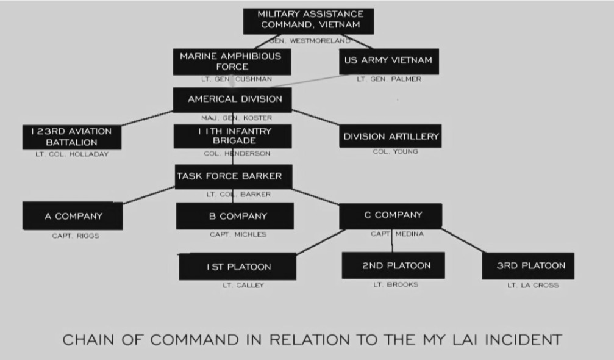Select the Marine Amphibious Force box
point(231,62)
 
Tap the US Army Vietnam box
point(388,60)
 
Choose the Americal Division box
point(235,99)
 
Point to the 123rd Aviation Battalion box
point(71,137)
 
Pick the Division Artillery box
point(391,137)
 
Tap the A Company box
point(73,216)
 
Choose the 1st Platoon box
point(238,267)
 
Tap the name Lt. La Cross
point(532,285)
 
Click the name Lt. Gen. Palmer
point(389,79)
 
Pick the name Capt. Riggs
point(75,236)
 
